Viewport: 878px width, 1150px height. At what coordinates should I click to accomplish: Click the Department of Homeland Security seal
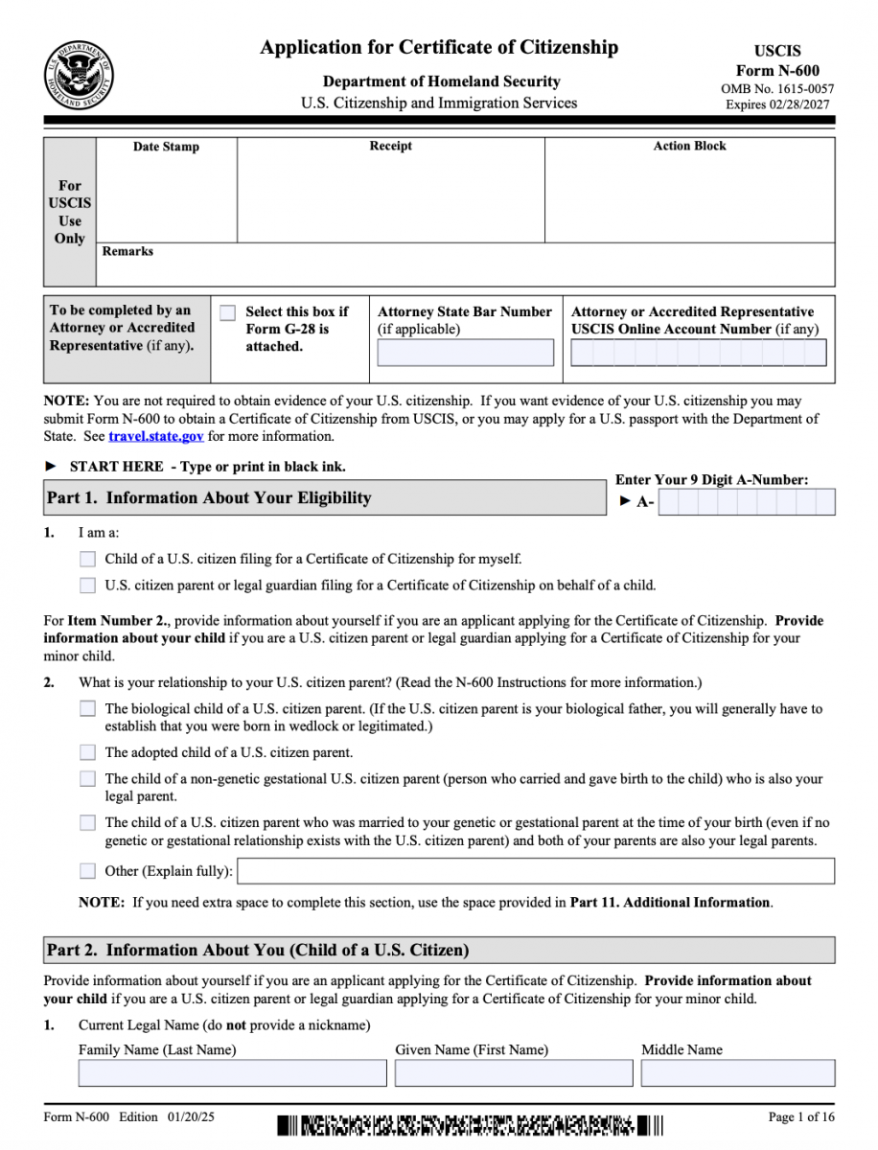coord(79,76)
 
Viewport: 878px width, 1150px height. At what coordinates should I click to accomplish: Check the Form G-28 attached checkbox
coord(227,312)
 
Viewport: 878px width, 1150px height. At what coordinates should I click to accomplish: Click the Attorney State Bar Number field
coord(465,353)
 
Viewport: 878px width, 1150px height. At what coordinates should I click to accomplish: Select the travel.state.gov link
coord(156,436)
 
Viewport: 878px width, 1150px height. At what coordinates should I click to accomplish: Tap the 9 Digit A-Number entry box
coord(746,502)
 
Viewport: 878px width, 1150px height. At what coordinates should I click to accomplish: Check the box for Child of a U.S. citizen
coord(88,559)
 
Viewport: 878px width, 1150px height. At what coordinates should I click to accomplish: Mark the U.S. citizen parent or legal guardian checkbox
coord(88,585)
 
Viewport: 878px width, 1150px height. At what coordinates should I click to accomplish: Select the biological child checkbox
coord(88,709)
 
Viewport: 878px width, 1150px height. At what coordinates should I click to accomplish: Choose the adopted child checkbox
coord(88,752)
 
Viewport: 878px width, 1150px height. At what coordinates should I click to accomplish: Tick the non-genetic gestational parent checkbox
coord(88,779)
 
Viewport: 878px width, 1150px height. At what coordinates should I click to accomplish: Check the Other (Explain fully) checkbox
coord(88,871)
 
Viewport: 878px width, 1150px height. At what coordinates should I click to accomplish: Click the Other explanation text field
coord(535,871)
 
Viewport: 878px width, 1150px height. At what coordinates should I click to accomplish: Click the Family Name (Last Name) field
coord(232,1072)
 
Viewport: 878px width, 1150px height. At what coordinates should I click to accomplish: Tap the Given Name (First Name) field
coord(513,1072)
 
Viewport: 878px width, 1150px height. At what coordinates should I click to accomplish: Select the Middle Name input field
coord(737,1072)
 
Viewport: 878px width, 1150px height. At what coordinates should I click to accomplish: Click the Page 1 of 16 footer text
coord(801,1117)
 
